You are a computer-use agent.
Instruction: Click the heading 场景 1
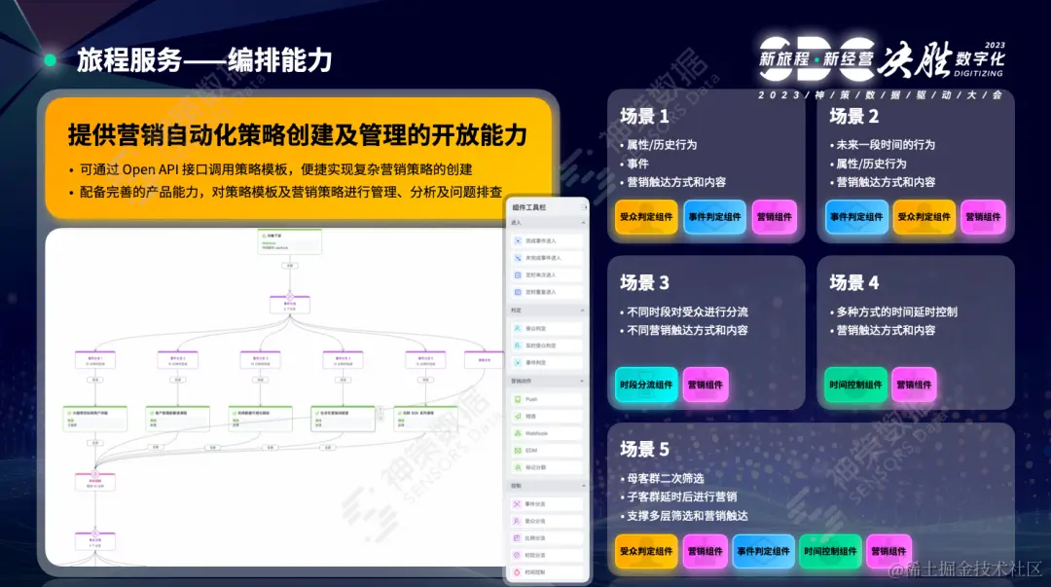tap(644, 117)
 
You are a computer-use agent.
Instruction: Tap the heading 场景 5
tap(644, 450)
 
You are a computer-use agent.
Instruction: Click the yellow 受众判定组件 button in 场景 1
tap(645, 217)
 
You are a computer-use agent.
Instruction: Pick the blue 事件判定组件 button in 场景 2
tap(856, 217)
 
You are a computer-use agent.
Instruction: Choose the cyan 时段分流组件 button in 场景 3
tap(645, 385)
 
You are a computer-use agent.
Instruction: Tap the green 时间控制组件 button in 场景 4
tap(855, 385)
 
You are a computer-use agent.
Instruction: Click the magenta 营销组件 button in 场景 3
tap(705, 385)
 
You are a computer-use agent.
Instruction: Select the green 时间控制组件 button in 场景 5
tap(830, 551)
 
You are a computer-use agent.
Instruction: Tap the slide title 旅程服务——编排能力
tap(204, 60)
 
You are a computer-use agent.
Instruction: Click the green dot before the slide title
tap(50, 60)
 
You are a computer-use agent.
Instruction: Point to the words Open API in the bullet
tap(154, 169)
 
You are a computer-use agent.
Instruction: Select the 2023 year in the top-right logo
tap(995, 46)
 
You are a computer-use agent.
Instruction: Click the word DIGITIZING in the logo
tap(978, 73)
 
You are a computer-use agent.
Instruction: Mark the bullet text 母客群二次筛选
tap(667, 478)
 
